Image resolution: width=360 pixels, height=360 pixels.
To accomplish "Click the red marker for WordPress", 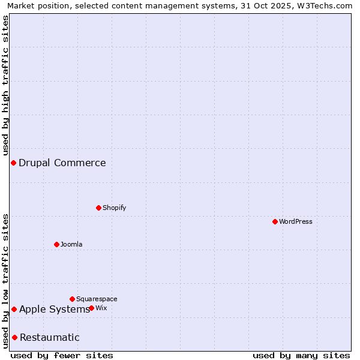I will click(x=275, y=221).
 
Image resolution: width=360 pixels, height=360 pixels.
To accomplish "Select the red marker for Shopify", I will click(x=98, y=208).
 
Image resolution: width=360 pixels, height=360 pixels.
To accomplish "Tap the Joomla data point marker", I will click(x=56, y=244).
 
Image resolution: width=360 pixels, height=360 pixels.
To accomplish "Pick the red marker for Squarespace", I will click(x=72, y=299).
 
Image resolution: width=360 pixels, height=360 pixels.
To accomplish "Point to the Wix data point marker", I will click(x=91, y=308).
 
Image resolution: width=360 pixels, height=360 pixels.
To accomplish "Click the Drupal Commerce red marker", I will click(x=13, y=163).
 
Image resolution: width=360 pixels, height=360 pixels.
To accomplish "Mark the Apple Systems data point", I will click(x=14, y=309).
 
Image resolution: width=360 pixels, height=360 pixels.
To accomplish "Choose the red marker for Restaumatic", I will click(x=14, y=337).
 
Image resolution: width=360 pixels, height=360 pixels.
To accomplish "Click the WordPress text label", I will click(x=296, y=221).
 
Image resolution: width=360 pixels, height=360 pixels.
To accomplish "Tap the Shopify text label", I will click(x=115, y=208).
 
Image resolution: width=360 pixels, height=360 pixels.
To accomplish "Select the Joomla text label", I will click(x=71, y=244).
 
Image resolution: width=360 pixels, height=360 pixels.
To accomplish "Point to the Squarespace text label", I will click(x=97, y=299).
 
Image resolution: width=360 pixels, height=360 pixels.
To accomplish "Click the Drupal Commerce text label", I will click(x=62, y=163).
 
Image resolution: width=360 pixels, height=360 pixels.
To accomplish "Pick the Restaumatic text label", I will click(x=50, y=337).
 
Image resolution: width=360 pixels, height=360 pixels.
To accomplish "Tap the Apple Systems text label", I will click(x=54, y=309).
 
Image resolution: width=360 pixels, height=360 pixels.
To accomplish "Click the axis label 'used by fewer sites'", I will click(x=62, y=355).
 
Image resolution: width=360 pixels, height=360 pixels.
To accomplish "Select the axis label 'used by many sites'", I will click(x=301, y=355).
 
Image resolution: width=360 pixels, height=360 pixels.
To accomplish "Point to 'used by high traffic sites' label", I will click(x=6, y=85).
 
